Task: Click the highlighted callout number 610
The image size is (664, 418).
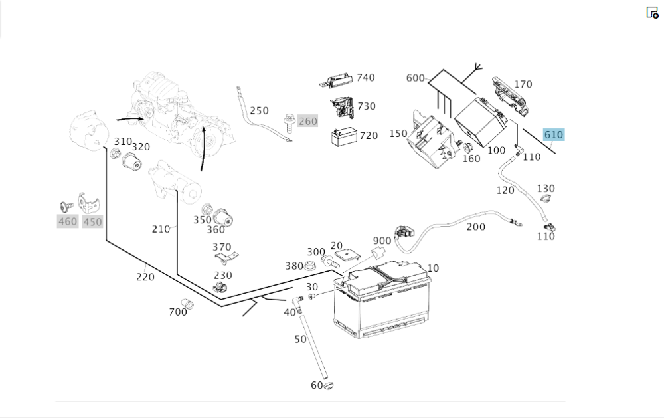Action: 554,135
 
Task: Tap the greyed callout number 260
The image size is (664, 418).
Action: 308,121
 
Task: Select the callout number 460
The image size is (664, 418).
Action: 68,221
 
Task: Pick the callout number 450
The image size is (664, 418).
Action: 92,222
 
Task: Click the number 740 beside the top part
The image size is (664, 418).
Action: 366,78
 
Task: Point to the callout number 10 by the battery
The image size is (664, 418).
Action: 433,268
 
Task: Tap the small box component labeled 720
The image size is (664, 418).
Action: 344,137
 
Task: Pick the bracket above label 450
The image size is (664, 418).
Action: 88,203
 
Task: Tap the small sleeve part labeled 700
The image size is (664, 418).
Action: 187,303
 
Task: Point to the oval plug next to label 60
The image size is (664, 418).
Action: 329,385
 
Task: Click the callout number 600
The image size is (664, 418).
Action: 415,78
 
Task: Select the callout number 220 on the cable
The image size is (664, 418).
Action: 145,277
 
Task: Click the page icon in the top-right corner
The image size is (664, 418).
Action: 652,12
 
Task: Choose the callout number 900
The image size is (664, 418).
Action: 382,241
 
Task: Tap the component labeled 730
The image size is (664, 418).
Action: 342,107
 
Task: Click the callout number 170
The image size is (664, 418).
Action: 523,84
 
